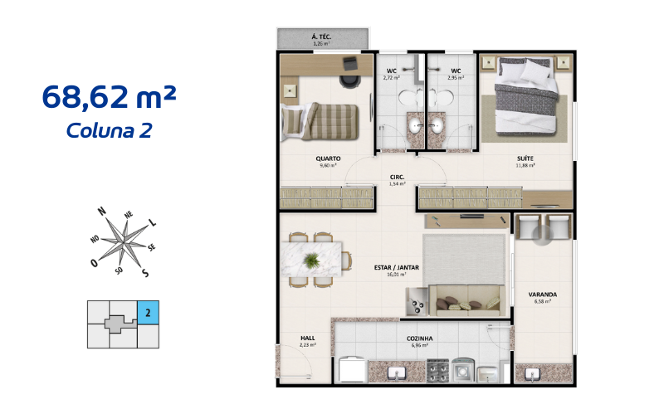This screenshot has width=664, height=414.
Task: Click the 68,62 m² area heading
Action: (x=109, y=97)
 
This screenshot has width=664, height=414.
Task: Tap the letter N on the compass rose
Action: (x=102, y=212)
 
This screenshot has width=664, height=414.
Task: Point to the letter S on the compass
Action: (x=145, y=273)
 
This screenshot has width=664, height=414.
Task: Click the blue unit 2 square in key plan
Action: (x=146, y=313)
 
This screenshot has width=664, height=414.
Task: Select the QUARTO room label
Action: (x=328, y=158)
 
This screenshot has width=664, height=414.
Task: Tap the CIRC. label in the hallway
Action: (x=397, y=177)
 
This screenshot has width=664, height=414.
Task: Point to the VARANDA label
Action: (x=542, y=295)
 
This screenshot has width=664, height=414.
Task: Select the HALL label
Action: (x=306, y=339)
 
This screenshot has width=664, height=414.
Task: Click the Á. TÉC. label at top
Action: (x=321, y=37)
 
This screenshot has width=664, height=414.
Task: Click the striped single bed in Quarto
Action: (x=319, y=122)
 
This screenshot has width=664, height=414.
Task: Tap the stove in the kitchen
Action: (x=438, y=369)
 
